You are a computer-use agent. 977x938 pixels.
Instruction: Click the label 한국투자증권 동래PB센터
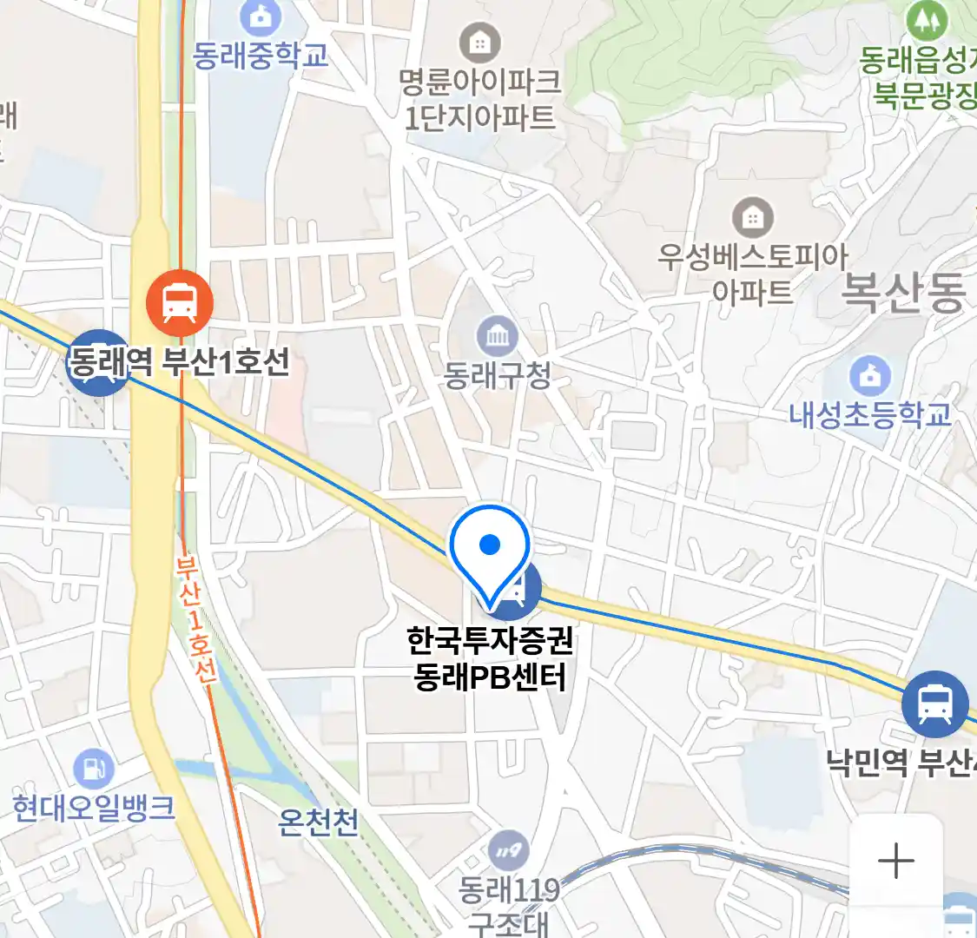[x=490, y=659]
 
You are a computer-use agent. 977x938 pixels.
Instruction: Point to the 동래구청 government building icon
[x=497, y=336]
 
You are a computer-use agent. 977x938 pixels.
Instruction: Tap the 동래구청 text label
[x=497, y=375]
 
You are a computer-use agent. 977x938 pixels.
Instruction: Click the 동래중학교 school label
[x=261, y=56]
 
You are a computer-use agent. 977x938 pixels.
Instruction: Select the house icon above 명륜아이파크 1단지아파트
[x=479, y=42]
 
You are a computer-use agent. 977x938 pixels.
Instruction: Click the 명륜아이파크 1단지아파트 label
[x=479, y=100]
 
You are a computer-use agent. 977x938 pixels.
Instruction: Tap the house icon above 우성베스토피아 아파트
[x=752, y=217]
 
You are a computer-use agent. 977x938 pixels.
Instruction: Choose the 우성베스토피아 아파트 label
[x=752, y=274]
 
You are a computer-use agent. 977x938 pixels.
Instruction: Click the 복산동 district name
[x=903, y=292]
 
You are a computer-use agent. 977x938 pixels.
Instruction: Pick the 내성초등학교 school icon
[x=869, y=376]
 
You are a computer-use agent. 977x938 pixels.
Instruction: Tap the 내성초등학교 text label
[x=869, y=415]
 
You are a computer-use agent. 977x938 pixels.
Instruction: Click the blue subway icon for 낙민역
[x=935, y=703]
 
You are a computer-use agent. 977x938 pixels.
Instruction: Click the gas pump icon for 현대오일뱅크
[x=93, y=769]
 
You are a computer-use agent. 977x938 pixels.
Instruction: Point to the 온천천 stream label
[x=318, y=821]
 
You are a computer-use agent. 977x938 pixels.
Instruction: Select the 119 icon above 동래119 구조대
[x=508, y=851]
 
